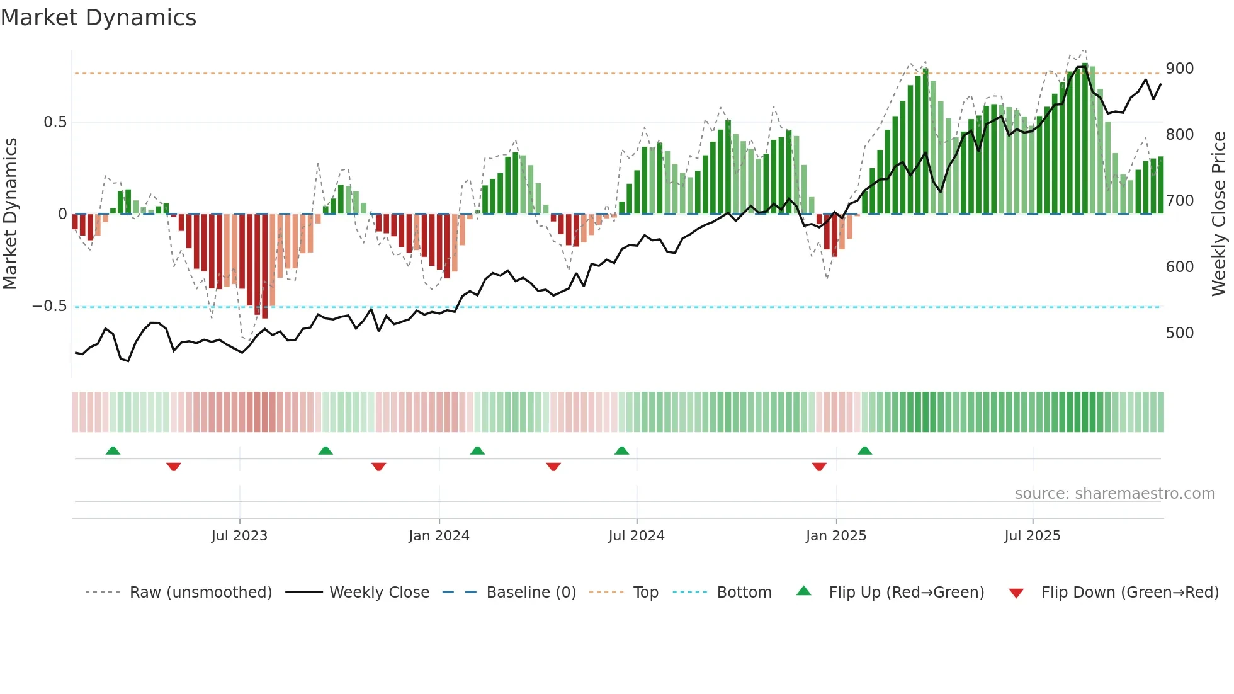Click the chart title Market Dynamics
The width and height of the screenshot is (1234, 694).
tap(98, 18)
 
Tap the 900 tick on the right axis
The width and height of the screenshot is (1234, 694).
tap(1179, 69)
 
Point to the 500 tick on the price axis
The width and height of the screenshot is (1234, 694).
tap(1179, 333)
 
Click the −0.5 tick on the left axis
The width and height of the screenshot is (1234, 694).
tap(50, 306)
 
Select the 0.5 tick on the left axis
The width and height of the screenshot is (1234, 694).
tap(55, 122)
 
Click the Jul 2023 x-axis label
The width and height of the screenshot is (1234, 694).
tap(239, 536)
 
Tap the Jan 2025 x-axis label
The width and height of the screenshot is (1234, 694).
tap(835, 536)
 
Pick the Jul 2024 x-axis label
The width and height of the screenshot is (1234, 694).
tap(636, 536)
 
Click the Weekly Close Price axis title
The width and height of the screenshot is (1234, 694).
tap(1219, 214)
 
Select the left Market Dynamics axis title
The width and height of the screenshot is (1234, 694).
tap(10, 214)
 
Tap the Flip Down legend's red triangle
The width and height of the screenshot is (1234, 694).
tap(1016, 593)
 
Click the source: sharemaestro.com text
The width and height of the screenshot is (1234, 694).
tap(1114, 494)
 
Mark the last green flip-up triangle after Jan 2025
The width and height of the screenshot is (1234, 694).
tap(864, 451)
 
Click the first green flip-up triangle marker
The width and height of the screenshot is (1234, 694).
tap(113, 451)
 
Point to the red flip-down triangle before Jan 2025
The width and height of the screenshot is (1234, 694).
tap(818, 467)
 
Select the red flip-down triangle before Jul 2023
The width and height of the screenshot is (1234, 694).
tap(174, 467)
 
